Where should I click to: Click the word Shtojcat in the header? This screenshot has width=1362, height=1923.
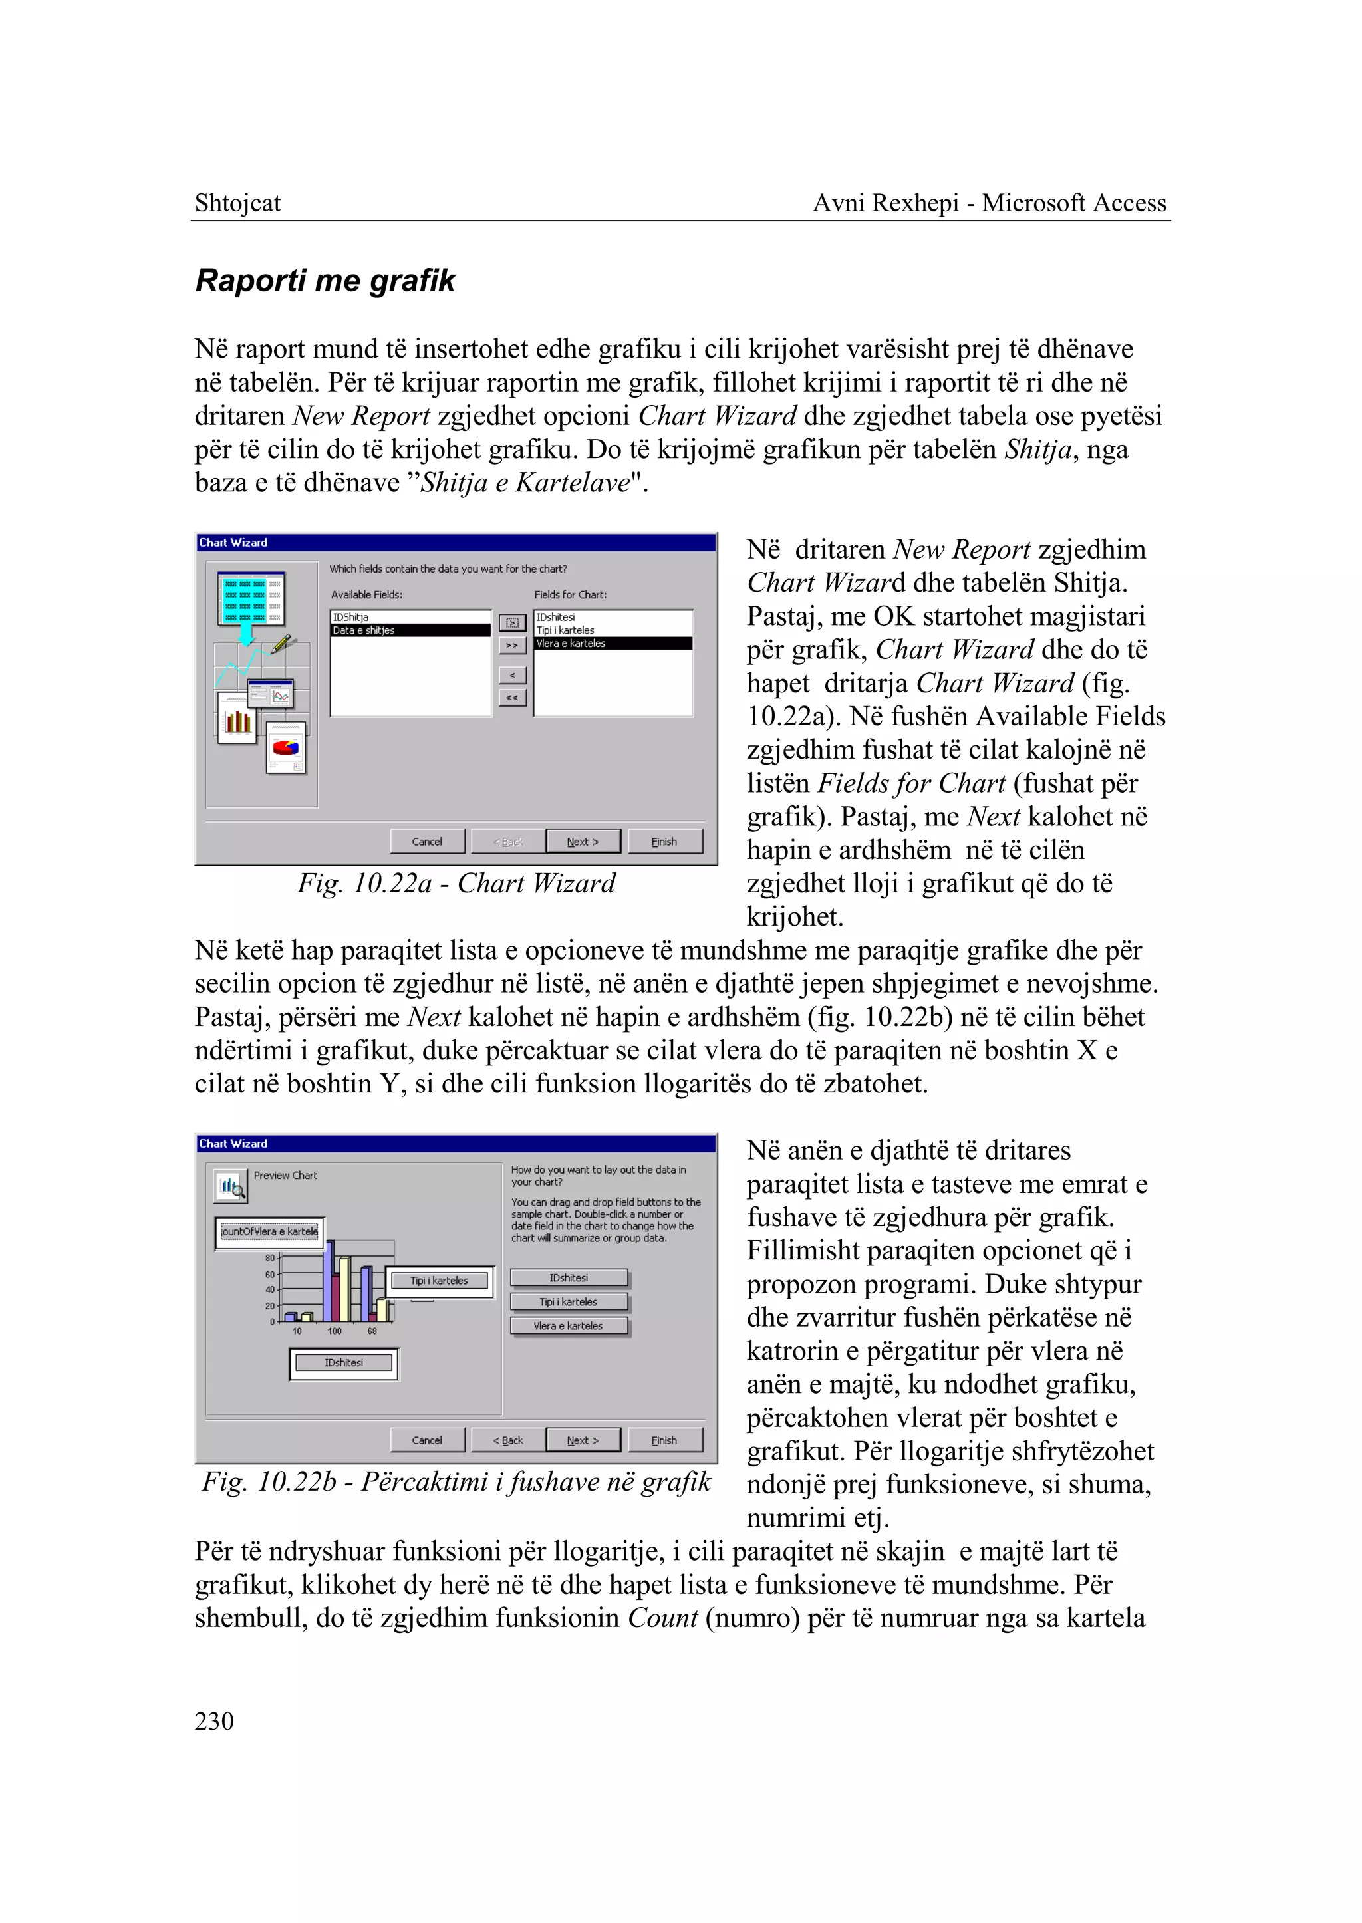click(237, 203)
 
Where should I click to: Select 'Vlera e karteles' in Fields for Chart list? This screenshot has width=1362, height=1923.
click(613, 643)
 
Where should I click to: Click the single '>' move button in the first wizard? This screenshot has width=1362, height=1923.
click(513, 622)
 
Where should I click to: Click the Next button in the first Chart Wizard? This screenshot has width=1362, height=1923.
click(583, 841)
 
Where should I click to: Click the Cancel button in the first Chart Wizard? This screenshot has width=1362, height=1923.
click(427, 841)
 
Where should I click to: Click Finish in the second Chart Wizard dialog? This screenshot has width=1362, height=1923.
click(664, 1440)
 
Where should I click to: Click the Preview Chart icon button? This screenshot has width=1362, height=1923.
click(230, 1186)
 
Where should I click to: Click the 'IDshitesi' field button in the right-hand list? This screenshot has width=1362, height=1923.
click(569, 1277)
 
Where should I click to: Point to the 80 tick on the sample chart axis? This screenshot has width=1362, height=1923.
click(270, 1258)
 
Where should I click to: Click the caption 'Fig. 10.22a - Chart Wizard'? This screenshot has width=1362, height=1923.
click(456, 883)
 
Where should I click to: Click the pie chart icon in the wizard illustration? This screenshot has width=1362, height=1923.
click(287, 745)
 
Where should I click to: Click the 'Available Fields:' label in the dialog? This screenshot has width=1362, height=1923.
click(366, 594)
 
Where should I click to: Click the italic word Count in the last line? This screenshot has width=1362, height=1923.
click(662, 1618)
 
